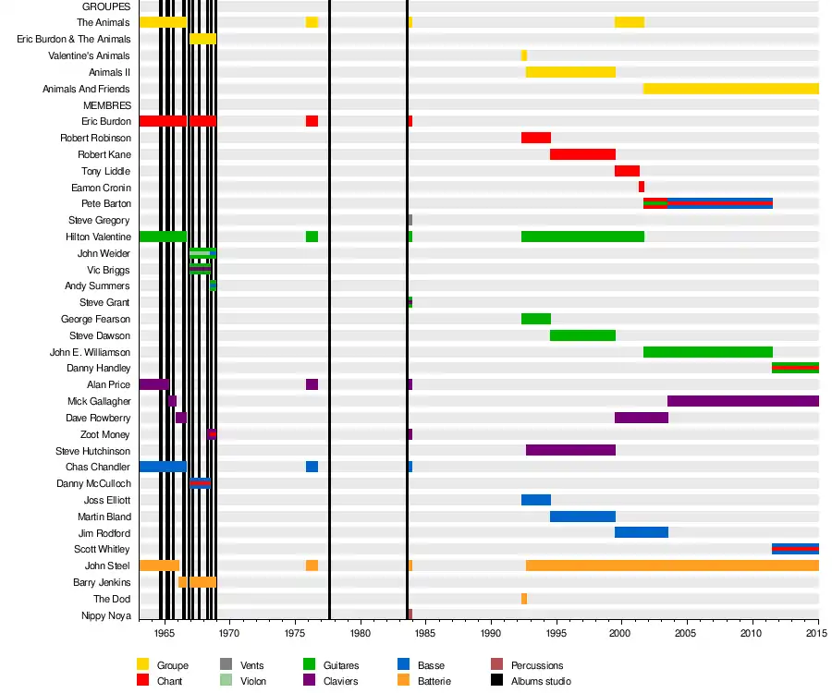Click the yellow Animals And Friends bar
(730, 89)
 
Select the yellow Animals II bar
(570, 72)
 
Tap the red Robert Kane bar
(582, 154)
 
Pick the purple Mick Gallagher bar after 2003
(742, 401)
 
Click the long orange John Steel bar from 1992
(672, 565)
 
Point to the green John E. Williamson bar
(707, 352)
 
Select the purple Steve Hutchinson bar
(570, 450)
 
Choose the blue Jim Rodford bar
(641, 532)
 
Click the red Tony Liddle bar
(627, 171)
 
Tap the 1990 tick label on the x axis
(491, 633)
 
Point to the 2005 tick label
(686, 633)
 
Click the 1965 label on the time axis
(165, 633)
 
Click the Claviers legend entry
(341, 681)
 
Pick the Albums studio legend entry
(540, 681)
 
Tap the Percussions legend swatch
(497, 665)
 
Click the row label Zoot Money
(104, 434)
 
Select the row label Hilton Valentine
(98, 237)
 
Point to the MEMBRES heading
(107, 105)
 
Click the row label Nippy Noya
(105, 615)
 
